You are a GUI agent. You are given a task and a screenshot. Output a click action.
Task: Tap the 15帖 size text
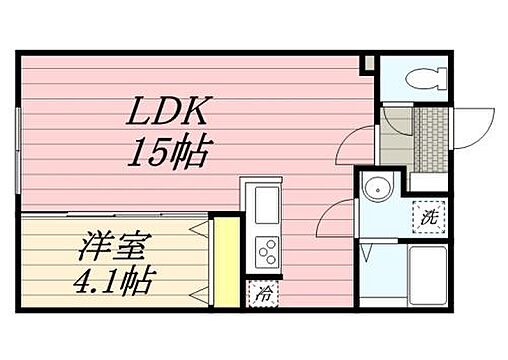(x=168, y=153)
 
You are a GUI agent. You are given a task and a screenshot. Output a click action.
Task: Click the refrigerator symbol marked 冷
(x=260, y=293)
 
